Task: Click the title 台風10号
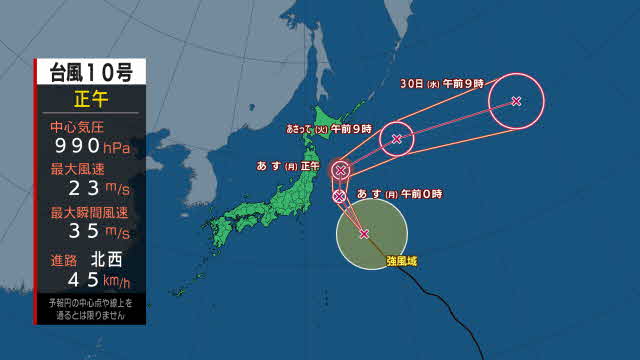click(90, 72)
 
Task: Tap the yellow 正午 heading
click(90, 99)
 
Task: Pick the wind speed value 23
click(79, 190)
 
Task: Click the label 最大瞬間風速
click(90, 212)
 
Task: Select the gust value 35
click(79, 232)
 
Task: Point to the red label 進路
click(62, 259)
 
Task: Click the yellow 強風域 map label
click(403, 262)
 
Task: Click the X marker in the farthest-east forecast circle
click(516, 100)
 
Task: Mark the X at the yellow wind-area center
click(364, 234)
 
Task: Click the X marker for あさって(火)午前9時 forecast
click(397, 138)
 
